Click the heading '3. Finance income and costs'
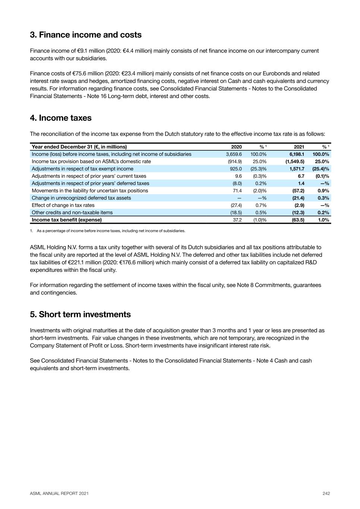(86, 35)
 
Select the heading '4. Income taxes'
(61, 118)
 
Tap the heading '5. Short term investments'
(80, 315)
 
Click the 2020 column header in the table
(236, 147)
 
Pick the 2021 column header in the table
(299, 147)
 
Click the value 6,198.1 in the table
(297, 154)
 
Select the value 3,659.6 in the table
(234, 154)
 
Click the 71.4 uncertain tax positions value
(237, 191)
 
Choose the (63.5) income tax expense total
(298, 220)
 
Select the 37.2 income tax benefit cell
(237, 220)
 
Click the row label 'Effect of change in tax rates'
(63, 205)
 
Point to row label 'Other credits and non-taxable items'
(72, 213)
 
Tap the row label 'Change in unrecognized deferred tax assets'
(81, 198)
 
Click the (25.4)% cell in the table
(321, 169)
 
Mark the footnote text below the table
(111, 231)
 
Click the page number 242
(326, 493)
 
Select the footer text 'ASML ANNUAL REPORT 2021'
(59, 493)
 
